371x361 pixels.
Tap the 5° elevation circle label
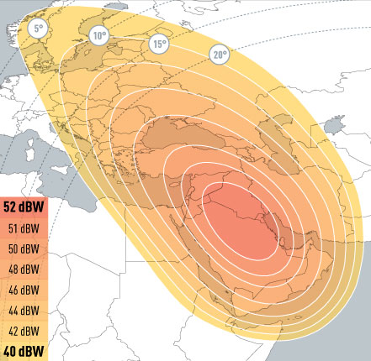37,29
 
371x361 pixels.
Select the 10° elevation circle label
100,36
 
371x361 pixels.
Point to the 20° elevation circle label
220,55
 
